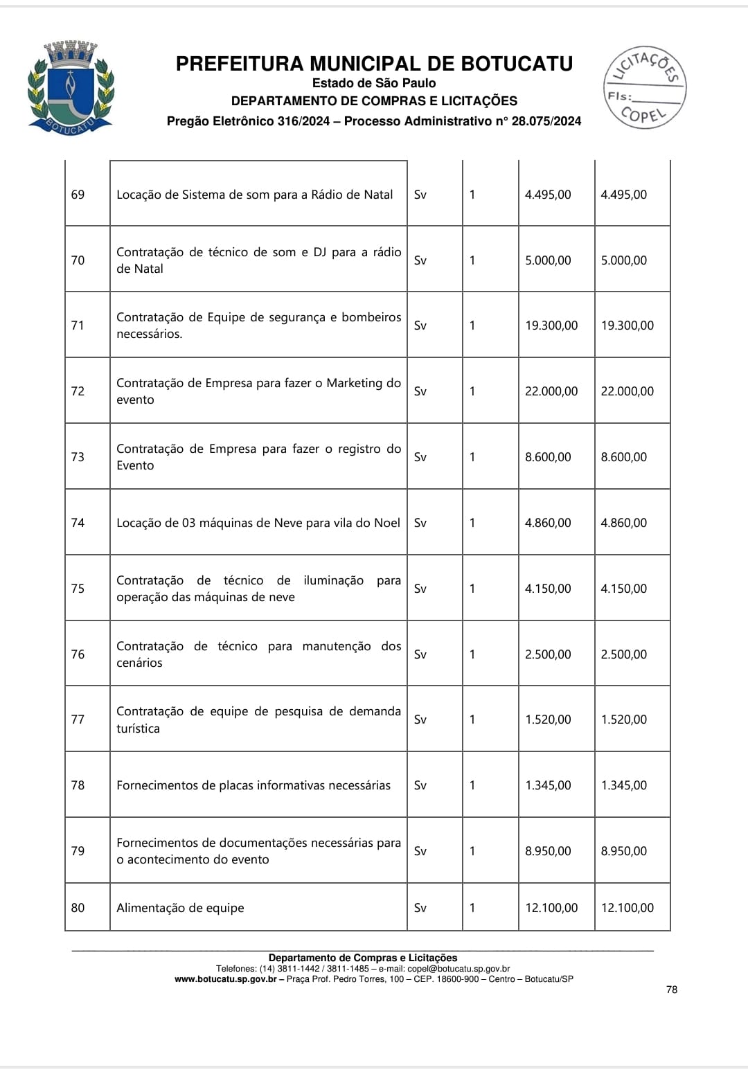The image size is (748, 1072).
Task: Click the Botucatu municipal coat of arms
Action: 70,87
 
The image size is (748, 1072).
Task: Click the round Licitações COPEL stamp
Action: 645,87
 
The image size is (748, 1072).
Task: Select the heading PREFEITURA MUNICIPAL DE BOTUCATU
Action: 374,64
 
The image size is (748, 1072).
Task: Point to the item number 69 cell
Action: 78,195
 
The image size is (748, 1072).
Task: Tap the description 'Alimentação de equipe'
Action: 180,908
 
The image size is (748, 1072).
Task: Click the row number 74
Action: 78,523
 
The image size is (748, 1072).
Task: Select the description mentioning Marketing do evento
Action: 258,391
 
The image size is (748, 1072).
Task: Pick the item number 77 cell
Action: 78,720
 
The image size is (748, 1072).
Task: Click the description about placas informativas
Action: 253,785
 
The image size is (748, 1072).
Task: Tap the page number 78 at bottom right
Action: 672,990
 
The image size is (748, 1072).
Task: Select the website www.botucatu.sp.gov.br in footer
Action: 225,979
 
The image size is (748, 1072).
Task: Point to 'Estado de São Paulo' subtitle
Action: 374,83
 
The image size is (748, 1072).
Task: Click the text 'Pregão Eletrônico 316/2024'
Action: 249,121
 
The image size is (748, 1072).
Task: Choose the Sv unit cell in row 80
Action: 420,908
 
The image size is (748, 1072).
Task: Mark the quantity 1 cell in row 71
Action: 472,325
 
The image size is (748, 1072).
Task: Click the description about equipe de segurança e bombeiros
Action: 258,325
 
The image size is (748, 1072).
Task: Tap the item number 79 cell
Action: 78,851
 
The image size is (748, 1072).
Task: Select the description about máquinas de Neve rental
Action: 258,523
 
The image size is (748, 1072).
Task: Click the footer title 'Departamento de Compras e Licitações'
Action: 363,958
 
